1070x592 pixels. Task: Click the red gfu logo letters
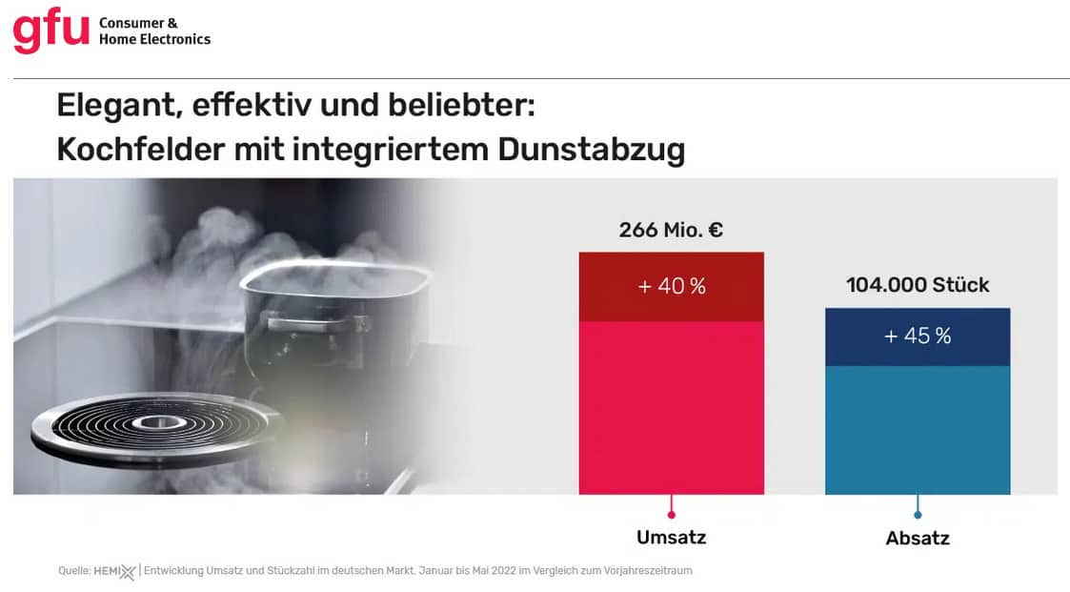[x=50, y=31]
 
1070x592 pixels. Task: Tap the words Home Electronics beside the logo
[x=154, y=39]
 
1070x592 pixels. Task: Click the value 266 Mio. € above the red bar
[x=671, y=230]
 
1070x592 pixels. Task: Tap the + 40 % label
[x=672, y=286]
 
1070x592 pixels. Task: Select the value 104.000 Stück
[x=918, y=285]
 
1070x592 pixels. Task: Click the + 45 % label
[x=918, y=337]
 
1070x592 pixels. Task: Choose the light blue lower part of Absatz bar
[x=918, y=429]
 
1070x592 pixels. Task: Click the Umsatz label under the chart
[x=672, y=537]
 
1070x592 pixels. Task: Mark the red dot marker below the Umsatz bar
[x=672, y=515]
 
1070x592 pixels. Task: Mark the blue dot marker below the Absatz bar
[x=918, y=515]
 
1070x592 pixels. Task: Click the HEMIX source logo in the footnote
[x=114, y=571]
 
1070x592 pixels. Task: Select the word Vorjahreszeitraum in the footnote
[x=649, y=570]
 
